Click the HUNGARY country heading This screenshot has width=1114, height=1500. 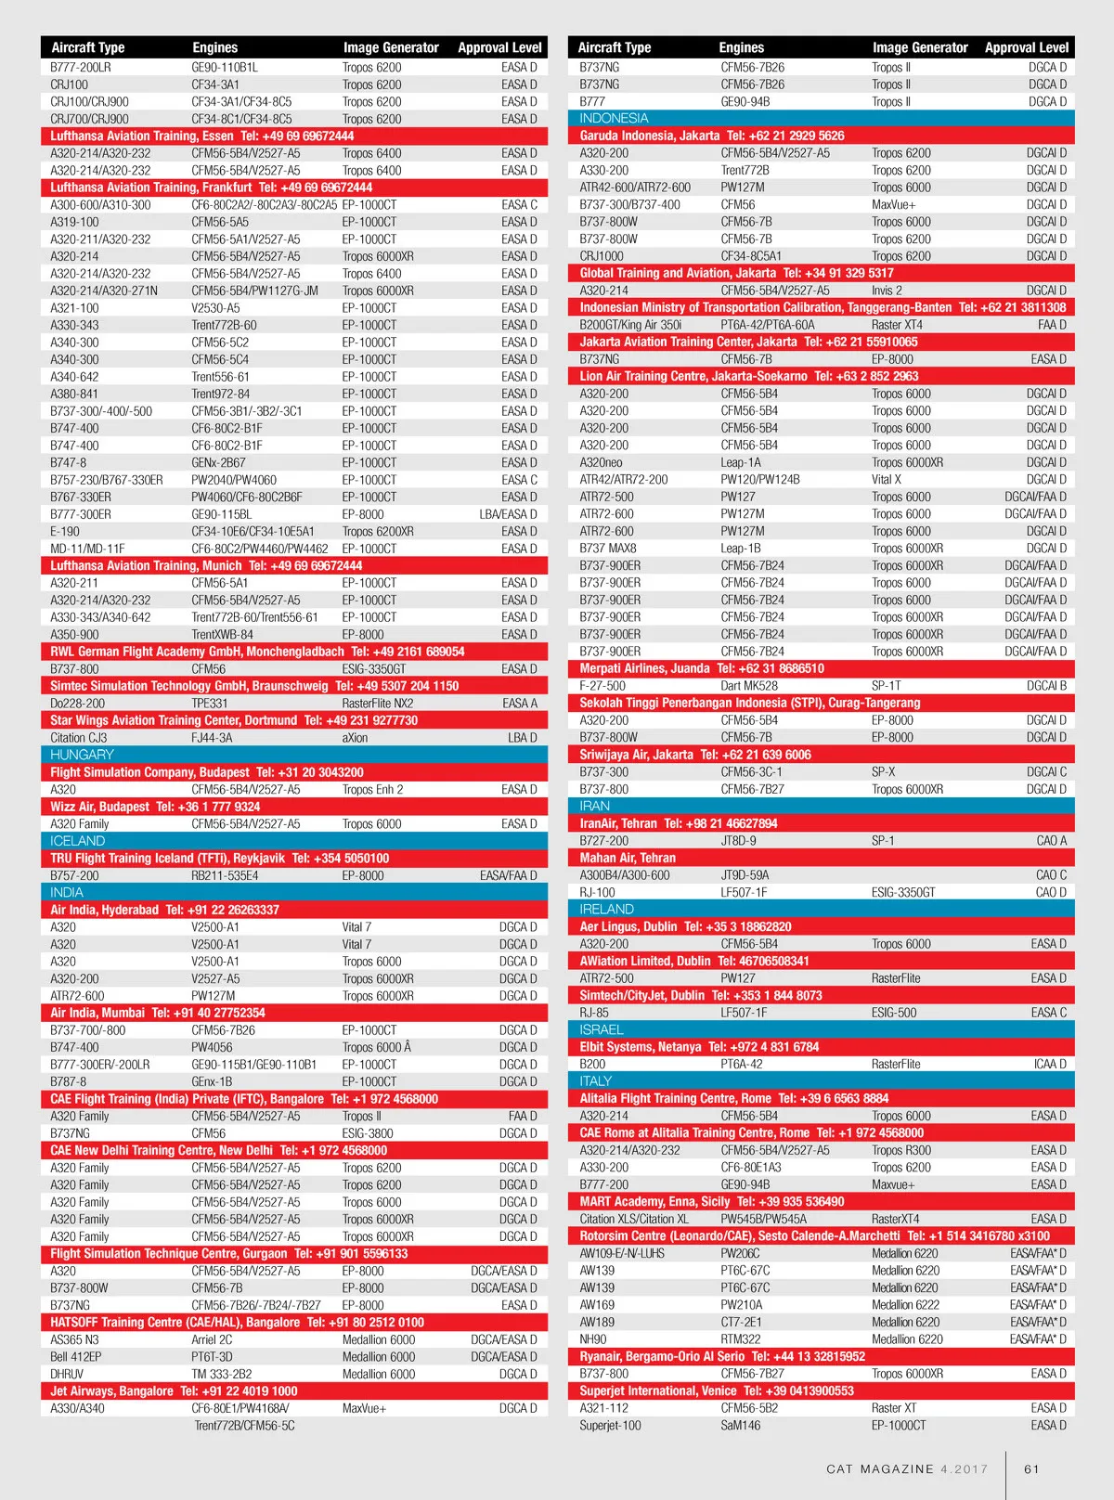click(x=82, y=755)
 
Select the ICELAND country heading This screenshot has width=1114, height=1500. click(x=78, y=841)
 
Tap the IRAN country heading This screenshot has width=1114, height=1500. click(x=595, y=806)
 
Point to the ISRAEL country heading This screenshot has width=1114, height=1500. click(x=602, y=1029)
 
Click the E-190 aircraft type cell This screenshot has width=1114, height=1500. click(x=65, y=532)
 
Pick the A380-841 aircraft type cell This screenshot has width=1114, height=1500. click(x=74, y=394)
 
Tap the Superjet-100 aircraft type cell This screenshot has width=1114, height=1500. click(x=610, y=1425)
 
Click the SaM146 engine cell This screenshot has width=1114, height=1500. click(x=740, y=1425)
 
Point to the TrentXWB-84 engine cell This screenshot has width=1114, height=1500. click(x=222, y=635)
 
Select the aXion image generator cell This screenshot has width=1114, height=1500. click(x=355, y=738)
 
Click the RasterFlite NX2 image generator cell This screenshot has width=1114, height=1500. click(x=378, y=704)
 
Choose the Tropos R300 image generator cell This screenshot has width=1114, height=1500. click(x=900, y=1150)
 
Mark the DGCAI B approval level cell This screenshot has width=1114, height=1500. click(x=1046, y=686)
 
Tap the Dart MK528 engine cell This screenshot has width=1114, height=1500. click(x=749, y=686)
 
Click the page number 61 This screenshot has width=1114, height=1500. click(x=1031, y=1469)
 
